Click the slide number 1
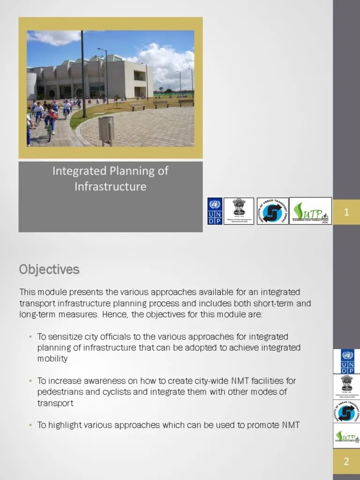coord(346,212)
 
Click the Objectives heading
coord(49,270)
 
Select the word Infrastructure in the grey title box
coord(111,187)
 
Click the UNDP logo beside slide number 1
coord(215,211)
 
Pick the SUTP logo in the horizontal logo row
coord(310,211)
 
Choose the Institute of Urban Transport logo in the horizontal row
coord(272,211)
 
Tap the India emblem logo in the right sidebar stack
coord(346,386)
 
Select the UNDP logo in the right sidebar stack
coord(346,361)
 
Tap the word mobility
coord(52,359)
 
